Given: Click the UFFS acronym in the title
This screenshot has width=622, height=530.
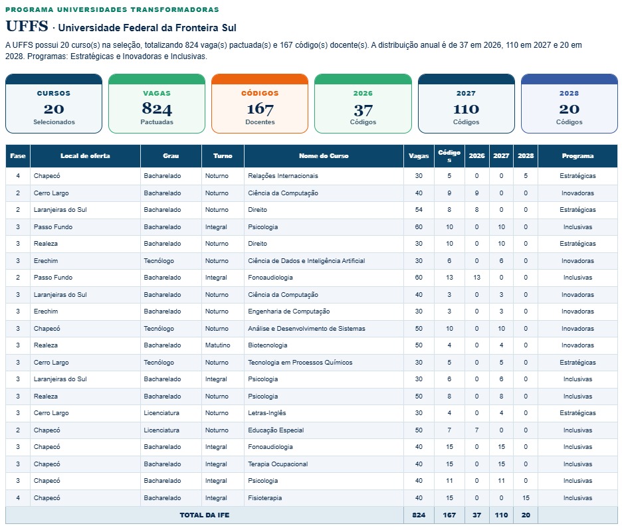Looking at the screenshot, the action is [x=27, y=26].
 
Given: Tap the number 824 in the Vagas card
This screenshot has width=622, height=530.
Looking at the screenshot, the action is [x=157, y=109].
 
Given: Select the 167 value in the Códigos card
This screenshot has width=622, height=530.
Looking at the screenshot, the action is [x=260, y=109].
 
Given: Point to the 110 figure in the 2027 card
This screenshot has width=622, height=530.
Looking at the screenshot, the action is [x=466, y=109].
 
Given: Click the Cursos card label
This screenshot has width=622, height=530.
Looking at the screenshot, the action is [x=54, y=94].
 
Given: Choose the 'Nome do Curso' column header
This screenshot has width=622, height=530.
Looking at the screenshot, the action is [x=324, y=156].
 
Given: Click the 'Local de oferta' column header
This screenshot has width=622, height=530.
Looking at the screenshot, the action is [x=85, y=156].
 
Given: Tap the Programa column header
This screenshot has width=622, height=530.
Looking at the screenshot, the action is [x=577, y=156].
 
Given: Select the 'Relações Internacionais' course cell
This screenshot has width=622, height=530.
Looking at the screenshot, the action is [x=283, y=176].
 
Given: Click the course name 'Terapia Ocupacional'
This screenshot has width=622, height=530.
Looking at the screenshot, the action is [x=278, y=464].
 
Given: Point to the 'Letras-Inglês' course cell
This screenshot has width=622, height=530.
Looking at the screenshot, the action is [x=267, y=413].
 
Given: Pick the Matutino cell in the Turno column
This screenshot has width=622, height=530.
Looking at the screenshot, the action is [x=217, y=345].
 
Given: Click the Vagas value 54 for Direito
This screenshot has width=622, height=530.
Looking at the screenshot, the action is [x=419, y=210].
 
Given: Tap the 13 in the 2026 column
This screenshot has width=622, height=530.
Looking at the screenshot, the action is [x=477, y=278].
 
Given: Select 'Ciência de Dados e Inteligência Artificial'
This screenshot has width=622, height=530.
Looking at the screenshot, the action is [x=306, y=261].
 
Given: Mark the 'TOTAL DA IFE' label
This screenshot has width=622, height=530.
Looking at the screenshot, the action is [x=204, y=515].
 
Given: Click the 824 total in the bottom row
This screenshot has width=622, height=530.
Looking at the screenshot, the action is [x=419, y=515].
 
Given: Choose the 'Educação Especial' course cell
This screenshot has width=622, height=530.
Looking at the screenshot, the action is [x=276, y=430].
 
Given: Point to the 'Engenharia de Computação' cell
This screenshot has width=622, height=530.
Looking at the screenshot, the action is [x=289, y=311].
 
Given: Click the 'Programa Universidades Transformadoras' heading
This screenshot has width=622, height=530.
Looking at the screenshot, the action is [x=112, y=9].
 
